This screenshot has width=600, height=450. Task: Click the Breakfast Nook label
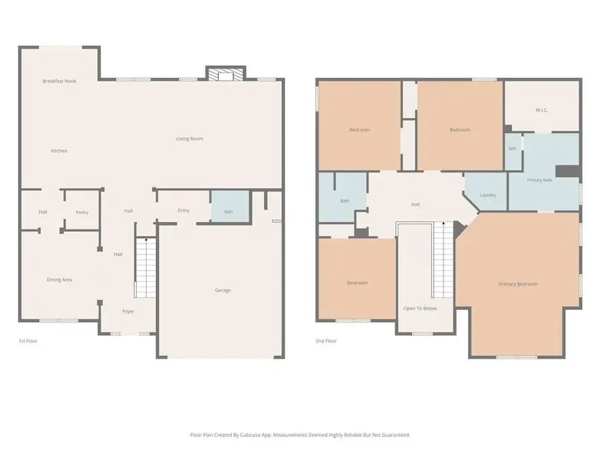pyautogui.click(x=59, y=81)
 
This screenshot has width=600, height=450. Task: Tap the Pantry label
pyautogui.click(x=82, y=213)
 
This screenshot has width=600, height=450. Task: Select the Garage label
pyautogui.click(x=223, y=291)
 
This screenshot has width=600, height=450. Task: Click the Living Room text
pyautogui.click(x=189, y=139)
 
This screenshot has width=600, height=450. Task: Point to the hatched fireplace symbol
pyautogui.click(x=226, y=74)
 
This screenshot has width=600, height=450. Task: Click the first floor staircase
pyautogui.click(x=146, y=267)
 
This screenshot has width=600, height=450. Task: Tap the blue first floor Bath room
pyautogui.click(x=230, y=206)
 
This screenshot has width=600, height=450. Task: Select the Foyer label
pyautogui.click(x=128, y=311)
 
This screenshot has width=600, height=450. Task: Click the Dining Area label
pyautogui.click(x=59, y=280)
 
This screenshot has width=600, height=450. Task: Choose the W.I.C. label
pyautogui.click(x=542, y=110)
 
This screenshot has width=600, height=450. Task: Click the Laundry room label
pyautogui.click(x=488, y=195)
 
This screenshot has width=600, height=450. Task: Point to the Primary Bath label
pyautogui.click(x=539, y=180)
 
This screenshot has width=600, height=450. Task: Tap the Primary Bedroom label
pyautogui.click(x=518, y=284)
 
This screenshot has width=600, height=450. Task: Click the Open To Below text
pyautogui.click(x=420, y=309)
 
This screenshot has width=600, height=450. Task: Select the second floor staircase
pyautogui.click(x=443, y=260)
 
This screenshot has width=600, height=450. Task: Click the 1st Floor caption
pyautogui.click(x=28, y=341)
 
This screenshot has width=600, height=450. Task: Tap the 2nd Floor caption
pyautogui.click(x=326, y=341)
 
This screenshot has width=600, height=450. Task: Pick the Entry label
pyautogui.click(x=184, y=211)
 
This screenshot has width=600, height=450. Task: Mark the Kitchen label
pyautogui.click(x=59, y=151)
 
